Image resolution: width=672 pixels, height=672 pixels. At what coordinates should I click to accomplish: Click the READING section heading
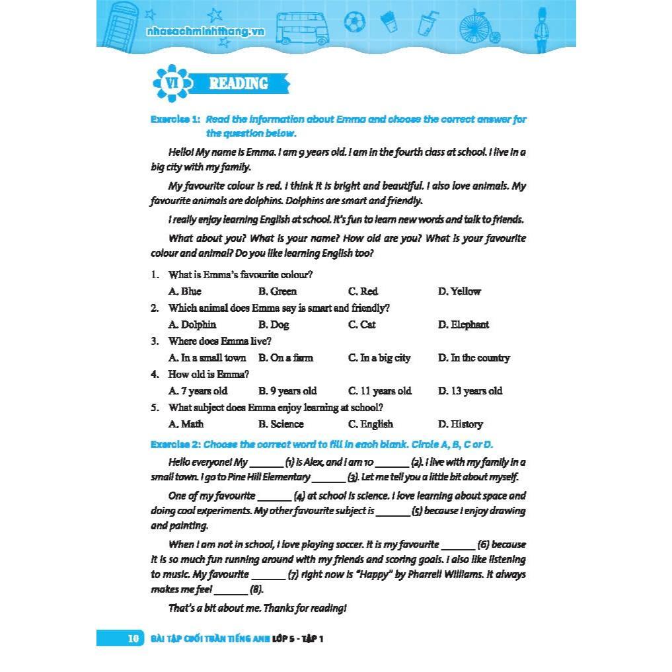(x=239, y=84)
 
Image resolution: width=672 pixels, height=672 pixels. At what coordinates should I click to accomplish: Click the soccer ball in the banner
(x=354, y=22)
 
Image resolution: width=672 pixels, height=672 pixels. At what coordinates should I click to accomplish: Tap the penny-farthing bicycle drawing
(x=484, y=26)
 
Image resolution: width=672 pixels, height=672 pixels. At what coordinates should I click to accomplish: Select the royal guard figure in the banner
(x=541, y=26)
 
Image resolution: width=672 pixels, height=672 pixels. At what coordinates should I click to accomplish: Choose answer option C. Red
(x=363, y=291)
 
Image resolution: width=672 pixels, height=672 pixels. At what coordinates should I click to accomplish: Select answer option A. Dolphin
(x=192, y=324)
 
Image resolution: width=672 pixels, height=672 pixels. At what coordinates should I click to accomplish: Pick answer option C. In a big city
(x=379, y=358)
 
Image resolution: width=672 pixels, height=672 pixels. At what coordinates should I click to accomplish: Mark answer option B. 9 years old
(x=287, y=391)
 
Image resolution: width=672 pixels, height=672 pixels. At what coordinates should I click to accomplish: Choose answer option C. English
(x=370, y=424)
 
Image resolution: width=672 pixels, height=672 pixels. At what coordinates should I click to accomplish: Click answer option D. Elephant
(x=463, y=324)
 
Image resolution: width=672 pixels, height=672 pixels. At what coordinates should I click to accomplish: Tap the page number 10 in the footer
(x=133, y=638)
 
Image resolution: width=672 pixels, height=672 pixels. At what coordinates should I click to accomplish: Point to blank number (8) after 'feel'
(x=231, y=589)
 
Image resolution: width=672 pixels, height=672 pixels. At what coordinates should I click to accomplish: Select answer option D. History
(x=460, y=424)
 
